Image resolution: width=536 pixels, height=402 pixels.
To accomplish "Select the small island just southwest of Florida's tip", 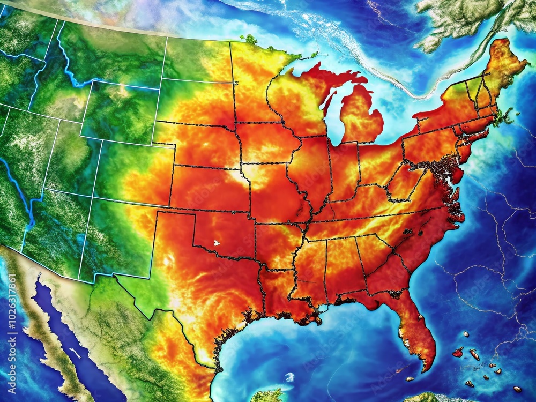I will pyautogui.click(x=399, y=370).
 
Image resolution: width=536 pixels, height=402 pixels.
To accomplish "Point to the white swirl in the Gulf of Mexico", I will pyautogui.click(x=289, y=377).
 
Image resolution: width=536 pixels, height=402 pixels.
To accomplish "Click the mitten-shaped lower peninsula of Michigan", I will pyautogui.click(x=360, y=115).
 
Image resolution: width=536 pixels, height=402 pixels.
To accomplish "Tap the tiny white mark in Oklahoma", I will pyautogui.click(x=217, y=243).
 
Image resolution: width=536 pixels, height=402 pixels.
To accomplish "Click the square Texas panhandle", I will pyautogui.click(x=175, y=230).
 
